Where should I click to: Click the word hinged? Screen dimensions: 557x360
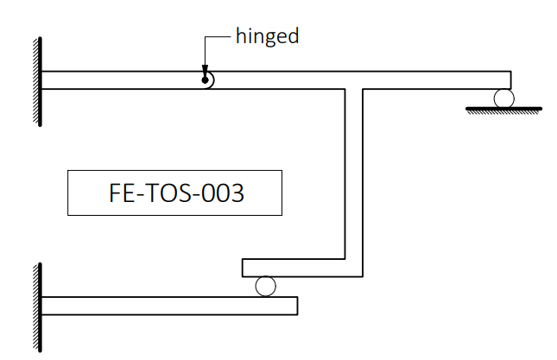(267, 37)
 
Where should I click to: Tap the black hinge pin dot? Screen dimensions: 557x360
(205, 80)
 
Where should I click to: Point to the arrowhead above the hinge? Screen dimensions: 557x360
(205, 70)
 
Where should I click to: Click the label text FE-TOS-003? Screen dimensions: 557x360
(176, 193)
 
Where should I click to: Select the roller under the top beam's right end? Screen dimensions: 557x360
(503, 98)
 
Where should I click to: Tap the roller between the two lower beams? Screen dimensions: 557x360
(265, 286)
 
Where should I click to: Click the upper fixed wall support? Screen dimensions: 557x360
(38, 81)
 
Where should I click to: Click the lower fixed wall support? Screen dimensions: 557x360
(38, 307)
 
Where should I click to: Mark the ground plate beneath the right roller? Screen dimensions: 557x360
(503, 111)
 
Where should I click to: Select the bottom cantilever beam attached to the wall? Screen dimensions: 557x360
(169, 306)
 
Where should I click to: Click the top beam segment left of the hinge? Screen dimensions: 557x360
(123, 80)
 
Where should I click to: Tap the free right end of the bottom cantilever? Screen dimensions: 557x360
(297, 306)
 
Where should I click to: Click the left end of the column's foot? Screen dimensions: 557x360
(243, 268)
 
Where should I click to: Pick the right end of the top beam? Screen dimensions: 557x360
(511, 80)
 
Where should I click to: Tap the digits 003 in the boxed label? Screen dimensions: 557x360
(223, 193)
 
